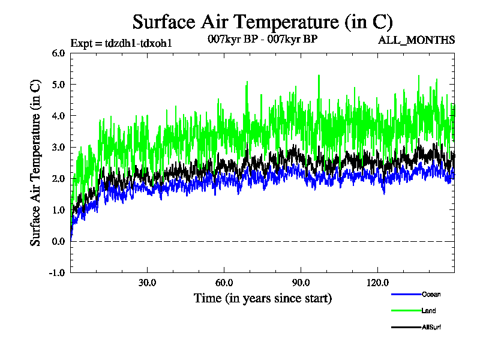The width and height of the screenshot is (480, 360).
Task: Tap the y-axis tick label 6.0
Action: point(59,53)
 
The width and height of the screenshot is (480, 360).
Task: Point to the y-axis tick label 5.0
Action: point(59,84)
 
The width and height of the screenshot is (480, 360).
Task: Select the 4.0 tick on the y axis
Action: point(59,116)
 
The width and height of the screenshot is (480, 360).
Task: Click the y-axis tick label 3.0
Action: point(59,147)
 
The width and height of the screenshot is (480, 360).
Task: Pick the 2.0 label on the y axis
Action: point(59,178)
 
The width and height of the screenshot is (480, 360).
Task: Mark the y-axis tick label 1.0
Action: point(59,210)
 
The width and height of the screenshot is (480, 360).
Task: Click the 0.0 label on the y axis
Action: point(59,241)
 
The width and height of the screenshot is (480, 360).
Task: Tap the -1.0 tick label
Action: point(58,272)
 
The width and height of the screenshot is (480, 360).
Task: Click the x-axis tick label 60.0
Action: point(224,283)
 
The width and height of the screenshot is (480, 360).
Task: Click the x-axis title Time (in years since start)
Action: point(262,298)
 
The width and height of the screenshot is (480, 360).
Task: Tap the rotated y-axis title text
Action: point(35,162)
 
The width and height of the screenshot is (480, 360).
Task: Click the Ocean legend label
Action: point(431,295)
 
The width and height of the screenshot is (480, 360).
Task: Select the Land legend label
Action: point(428,311)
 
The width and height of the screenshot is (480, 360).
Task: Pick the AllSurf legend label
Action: point(432,327)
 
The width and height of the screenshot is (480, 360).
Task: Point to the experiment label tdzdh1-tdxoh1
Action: point(122,43)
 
